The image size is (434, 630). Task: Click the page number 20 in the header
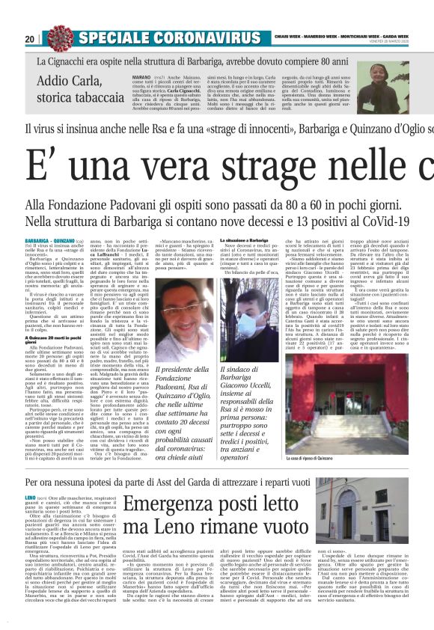(29, 39)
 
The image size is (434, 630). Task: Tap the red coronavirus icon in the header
(58, 37)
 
